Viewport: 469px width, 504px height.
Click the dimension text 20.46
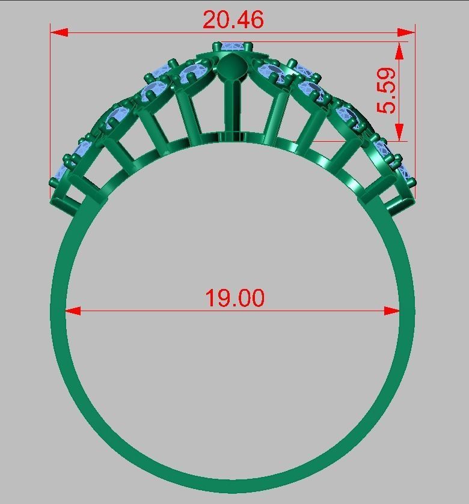[233, 20]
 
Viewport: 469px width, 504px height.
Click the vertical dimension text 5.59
[387, 91]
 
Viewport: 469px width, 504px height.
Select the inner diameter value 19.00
[234, 298]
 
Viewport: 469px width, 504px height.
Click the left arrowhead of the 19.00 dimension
[73, 311]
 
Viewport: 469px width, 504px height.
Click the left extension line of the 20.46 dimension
[51, 108]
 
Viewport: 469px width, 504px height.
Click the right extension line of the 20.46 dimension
[415, 108]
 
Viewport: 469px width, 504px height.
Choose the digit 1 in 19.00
[211, 298]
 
